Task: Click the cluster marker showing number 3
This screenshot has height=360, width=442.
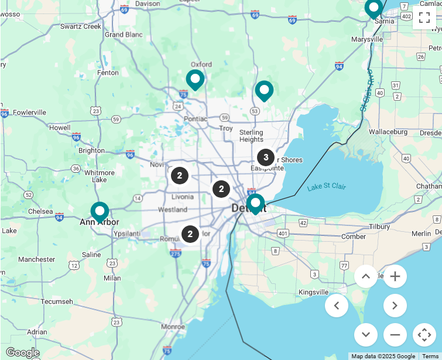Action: click(266, 157)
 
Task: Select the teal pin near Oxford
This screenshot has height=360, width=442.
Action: click(195, 80)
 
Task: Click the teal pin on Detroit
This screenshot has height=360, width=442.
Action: click(255, 204)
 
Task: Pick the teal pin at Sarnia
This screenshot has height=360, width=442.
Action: click(374, 8)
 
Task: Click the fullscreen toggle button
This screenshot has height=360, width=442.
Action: click(424, 18)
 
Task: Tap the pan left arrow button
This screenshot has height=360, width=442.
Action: click(337, 306)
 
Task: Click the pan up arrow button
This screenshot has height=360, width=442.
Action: click(366, 276)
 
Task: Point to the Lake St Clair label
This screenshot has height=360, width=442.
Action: click(327, 187)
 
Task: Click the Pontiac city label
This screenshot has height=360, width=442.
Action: click(196, 119)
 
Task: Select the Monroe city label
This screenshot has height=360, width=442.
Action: click(173, 327)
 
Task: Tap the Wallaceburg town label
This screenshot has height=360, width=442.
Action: click(388, 132)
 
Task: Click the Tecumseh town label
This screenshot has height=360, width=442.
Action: click(57, 301)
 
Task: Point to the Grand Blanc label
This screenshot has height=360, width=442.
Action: click(124, 35)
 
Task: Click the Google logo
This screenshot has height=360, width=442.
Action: click(22, 352)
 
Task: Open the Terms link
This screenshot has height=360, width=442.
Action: click(430, 356)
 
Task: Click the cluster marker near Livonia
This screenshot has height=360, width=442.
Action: click(180, 175)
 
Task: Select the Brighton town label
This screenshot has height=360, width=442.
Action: click(91, 150)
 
